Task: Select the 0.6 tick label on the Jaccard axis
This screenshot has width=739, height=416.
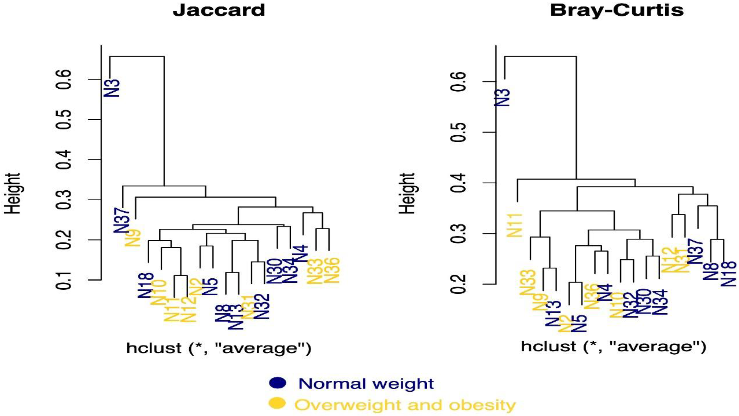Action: click(65, 79)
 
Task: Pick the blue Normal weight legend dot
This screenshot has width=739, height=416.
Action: click(277, 383)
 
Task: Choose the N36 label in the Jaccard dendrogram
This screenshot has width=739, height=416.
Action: click(332, 271)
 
